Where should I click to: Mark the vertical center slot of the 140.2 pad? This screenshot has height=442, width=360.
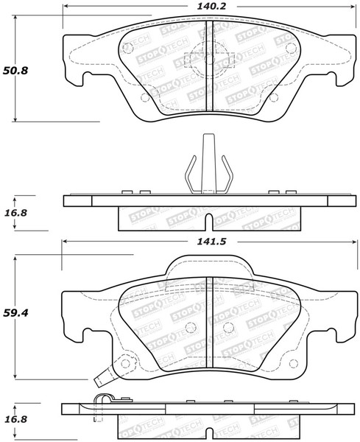click(208, 66)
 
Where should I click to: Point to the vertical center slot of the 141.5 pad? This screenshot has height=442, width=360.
click(208, 324)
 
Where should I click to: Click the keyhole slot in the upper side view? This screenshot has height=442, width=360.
click(208, 220)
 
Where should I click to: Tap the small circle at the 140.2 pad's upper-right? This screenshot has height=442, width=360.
click(289, 49)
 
